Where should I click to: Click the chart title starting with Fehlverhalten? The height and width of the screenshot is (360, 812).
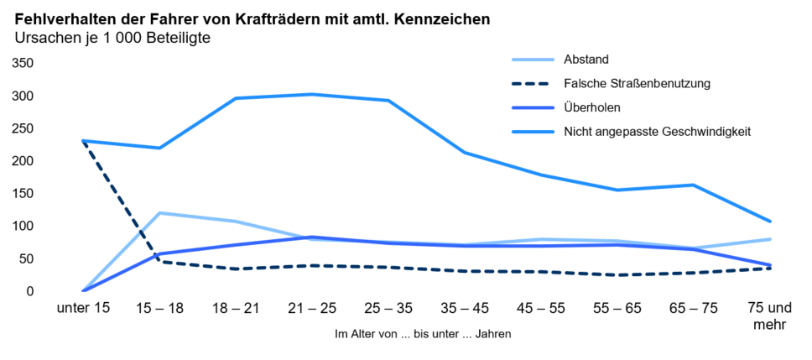[252, 18]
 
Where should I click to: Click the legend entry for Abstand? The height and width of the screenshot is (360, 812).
[586, 60]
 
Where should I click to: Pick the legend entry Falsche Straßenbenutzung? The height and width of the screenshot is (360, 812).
[637, 84]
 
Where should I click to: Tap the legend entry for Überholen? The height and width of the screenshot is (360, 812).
[591, 107]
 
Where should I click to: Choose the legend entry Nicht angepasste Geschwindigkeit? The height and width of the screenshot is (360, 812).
[656, 132]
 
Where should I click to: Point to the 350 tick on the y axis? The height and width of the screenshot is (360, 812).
[23, 64]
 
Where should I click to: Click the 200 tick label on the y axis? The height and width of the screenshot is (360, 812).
[23, 161]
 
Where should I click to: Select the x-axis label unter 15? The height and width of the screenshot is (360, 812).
[83, 308]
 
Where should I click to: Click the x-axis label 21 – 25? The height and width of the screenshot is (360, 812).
[312, 308]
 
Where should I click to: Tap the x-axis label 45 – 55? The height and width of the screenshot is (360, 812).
[541, 308]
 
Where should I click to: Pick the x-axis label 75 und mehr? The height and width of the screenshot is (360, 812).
[769, 316]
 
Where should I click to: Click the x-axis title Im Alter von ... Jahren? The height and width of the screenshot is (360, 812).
[423, 334]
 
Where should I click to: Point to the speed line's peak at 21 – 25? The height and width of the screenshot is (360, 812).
[312, 94]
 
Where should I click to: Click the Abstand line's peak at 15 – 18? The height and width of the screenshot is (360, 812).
[159, 213]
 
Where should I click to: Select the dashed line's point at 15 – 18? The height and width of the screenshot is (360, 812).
[159, 262]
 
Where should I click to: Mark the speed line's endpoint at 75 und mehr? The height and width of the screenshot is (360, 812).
[770, 222]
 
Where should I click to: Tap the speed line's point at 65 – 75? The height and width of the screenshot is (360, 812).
[694, 185]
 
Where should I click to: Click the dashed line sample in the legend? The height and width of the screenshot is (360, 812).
[533, 84]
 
